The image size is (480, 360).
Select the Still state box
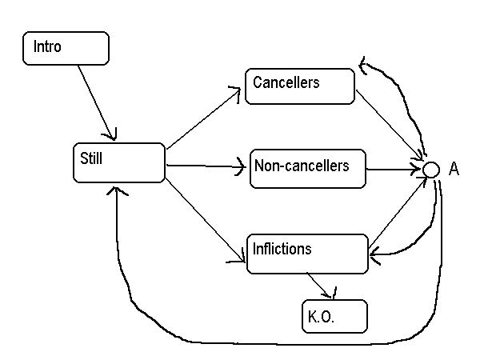pos(118,162)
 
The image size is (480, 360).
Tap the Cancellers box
pos(299,86)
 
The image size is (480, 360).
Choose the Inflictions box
pos(306,254)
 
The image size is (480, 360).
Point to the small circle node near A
pos(430,170)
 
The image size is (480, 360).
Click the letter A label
pos(454,170)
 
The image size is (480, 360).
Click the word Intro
pos(47,47)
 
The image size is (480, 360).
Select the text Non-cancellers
pos(302,166)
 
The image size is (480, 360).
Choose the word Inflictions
pos(282,248)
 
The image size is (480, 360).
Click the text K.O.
pos(321,317)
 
